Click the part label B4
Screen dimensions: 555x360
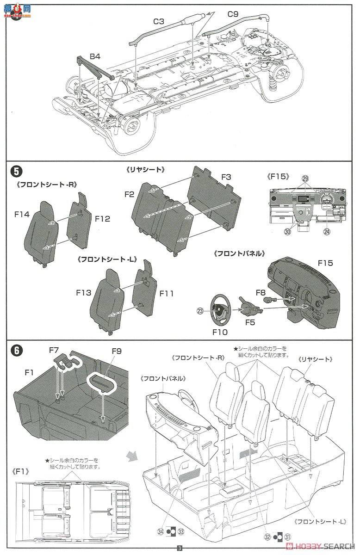click(95, 56)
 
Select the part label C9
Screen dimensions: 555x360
click(233, 14)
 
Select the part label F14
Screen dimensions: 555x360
click(22, 215)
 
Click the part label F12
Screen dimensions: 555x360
click(102, 219)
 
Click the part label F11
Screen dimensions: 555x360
click(167, 293)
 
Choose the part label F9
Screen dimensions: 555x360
click(117, 351)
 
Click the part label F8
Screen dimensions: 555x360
click(261, 292)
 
